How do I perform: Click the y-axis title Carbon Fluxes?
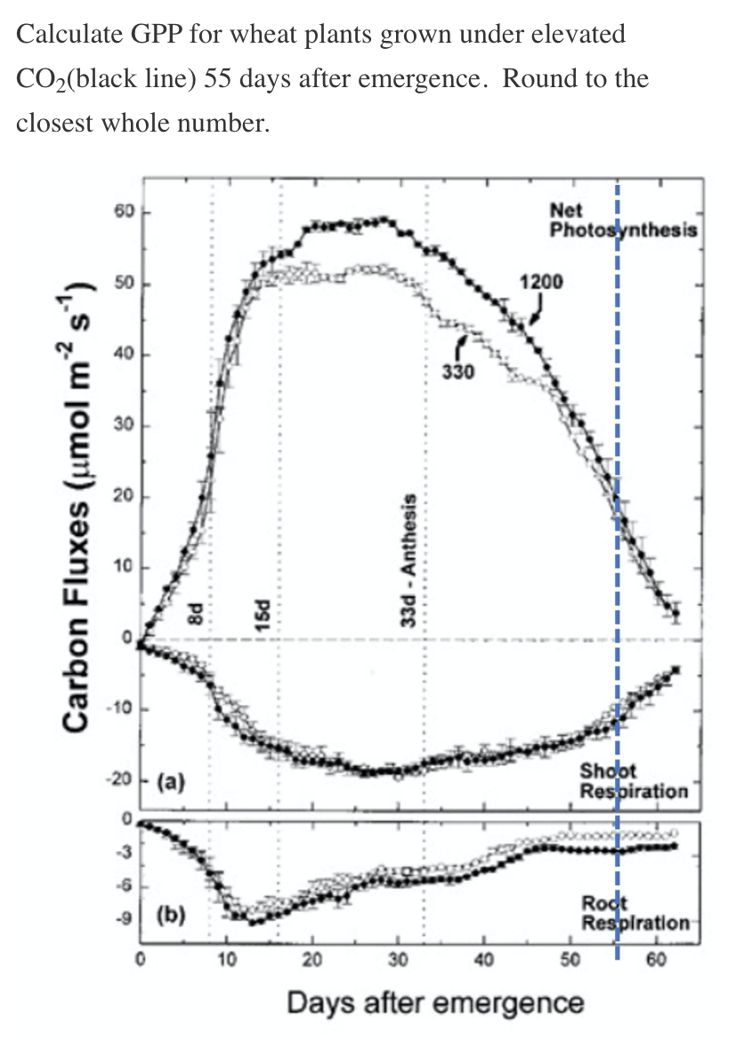pyautogui.click(x=78, y=506)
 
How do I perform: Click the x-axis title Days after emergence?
pyautogui.click(x=435, y=1003)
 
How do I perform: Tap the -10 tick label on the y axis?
pyautogui.click(x=121, y=710)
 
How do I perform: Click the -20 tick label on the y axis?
pyautogui.click(x=121, y=781)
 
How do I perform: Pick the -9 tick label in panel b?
pyautogui.click(x=125, y=917)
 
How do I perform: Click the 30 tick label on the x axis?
pyautogui.click(x=398, y=961)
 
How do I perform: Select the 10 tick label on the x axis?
pyautogui.click(x=225, y=961)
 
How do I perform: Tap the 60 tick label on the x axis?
pyautogui.click(x=656, y=961)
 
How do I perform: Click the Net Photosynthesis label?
pyautogui.click(x=622, y=221)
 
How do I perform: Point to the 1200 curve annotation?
pyautogui.click(x=541, y=282)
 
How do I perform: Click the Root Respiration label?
pyautogui.click(x=634, y=913)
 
